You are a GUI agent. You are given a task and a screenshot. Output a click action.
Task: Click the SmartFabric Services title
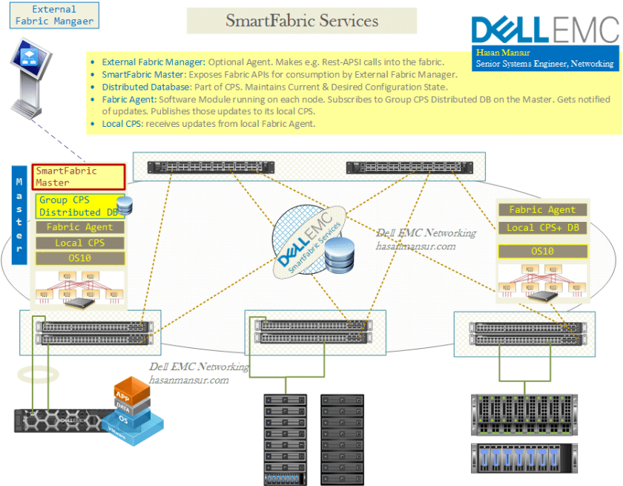[x=302, y=21]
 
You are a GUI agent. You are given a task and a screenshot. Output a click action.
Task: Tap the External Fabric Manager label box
[x=55, y=15]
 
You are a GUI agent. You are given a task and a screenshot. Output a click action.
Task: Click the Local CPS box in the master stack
[x=79, y=243]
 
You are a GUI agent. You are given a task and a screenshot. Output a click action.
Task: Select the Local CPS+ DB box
[x=541, y=227]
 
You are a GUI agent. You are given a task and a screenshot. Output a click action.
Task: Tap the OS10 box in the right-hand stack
[x=541, y=251]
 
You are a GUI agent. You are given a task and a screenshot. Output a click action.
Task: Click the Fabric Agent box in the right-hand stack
[x=541, y=210]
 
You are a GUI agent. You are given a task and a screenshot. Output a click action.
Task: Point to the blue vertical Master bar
[x=20, y=215]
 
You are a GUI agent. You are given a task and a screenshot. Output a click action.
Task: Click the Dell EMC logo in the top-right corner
[x=544, y=31]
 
